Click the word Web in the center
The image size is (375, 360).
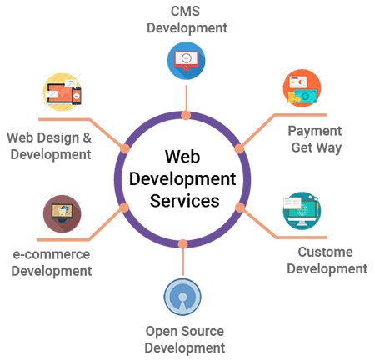click(x=182, y=157)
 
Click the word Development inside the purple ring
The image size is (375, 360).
click(x=182, y=178)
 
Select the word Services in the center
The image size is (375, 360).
click(x=182, y=200)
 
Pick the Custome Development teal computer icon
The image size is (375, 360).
click(x=302, y=211)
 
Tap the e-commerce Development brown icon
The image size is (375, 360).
click(x=62, y=212)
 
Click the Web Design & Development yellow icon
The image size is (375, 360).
click(x=63, y=93)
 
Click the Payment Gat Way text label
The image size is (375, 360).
click(x=315, y=139)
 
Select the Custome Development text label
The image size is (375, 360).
click(x=326, y=260)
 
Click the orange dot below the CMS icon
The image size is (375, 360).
click(x=182, y=115)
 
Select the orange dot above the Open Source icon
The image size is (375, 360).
click(x=182, y=243)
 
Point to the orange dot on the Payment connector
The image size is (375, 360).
click(x=238, y=148)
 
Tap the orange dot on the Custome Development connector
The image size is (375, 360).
click(x=239, y=207)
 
